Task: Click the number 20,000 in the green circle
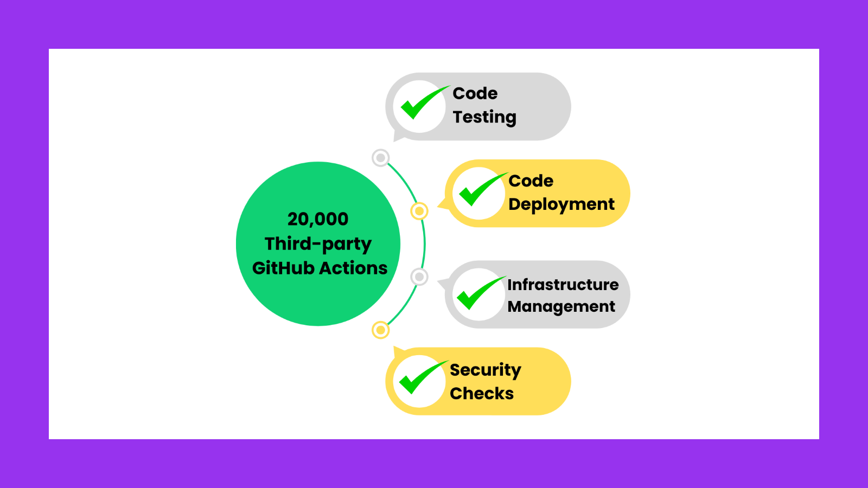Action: [x=318, y=219]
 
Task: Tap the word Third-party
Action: [x=318, y=244]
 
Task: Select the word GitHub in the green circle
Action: [x=283, y=268]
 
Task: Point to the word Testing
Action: [x=484, y=117]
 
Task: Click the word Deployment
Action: [x=561, y=204]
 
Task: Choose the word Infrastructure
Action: [x=563, y=285]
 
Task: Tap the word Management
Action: [x=561, y=307]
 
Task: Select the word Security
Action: [x=486, y=370]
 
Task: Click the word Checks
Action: [x=482, y=393]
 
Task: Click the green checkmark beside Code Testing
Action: [x=420, y=104]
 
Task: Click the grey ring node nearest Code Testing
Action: [x=381, y=158]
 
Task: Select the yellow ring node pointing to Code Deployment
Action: [x=419, y=211]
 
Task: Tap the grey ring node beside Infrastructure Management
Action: [x=419, y=277]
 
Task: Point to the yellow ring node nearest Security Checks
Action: [x=381, y=330]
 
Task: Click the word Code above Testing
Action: [x=475, y=93]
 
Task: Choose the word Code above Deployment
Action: [x=531, y=181]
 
